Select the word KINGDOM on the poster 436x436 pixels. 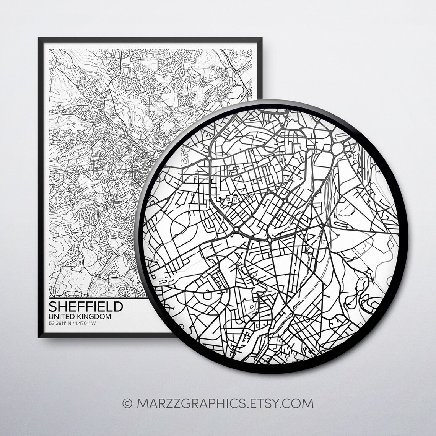pyautogui.click(x=94, y=317)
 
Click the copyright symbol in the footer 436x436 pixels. pyautogui.click(x=126, y=403)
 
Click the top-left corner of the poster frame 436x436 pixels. pyautogui.click(x=39, y=38)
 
